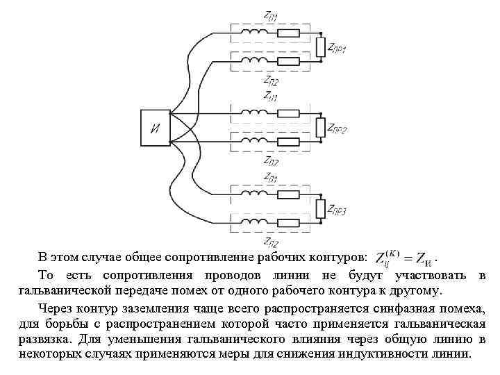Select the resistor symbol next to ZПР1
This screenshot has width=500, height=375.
pyautogui.click(x=320, y=47)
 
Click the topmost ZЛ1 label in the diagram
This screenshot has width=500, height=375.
pyautogui.click(x=269, y=15)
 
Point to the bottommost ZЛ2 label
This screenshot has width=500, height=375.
pyautogui.click(x=269, y=242)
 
